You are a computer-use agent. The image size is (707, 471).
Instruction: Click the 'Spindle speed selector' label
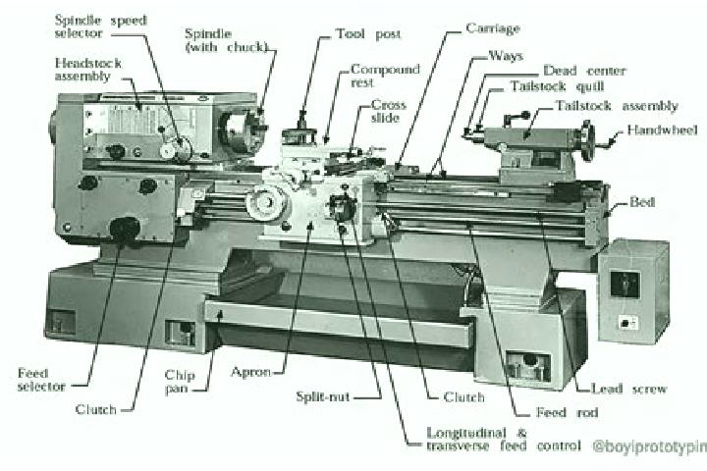coord(100,26)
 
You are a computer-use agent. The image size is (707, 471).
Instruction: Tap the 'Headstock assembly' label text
coord(88,70)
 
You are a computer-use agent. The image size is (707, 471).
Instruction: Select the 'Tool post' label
coord(368,34)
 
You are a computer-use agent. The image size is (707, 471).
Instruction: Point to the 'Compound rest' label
coord(385,76)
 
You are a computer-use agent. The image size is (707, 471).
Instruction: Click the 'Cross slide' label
coord(388,111)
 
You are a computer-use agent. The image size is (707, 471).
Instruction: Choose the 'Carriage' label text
coord(492,28)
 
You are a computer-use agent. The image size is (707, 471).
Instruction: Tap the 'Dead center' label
coord(584,71)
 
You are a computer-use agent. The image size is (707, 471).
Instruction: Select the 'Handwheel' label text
coord(662,131)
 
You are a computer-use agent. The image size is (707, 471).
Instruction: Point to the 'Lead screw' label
coord(628,389)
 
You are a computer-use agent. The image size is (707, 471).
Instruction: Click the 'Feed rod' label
coord(567,412)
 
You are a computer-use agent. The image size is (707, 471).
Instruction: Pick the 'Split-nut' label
coord(323,396)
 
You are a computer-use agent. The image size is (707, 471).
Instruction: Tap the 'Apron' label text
coord(250,372)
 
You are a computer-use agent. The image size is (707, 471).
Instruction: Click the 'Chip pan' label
coord(180,382)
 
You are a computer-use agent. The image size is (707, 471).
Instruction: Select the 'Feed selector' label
coord(41,380)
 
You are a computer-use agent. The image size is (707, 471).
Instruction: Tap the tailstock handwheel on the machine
coord(587,140)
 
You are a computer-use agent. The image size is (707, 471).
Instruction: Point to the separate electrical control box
coord(633,291)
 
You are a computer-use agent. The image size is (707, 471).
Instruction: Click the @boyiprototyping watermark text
coord(650,446)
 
